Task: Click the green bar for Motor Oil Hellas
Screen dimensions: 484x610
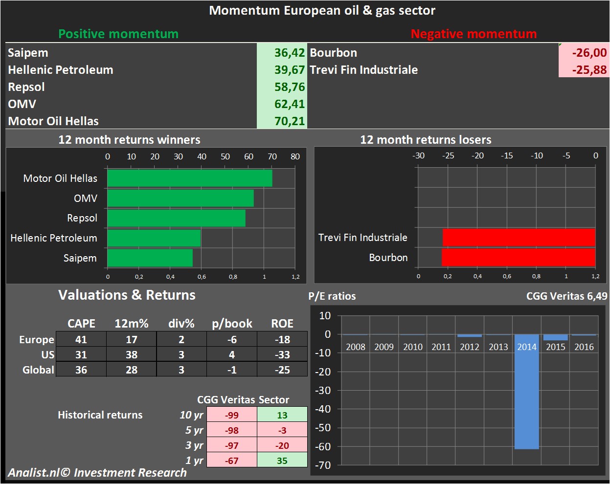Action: pos(190,178)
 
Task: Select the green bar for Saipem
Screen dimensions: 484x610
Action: pos(150,258)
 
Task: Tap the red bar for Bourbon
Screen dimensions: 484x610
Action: pos(519,258)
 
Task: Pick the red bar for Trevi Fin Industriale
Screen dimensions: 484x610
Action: pos(519,238)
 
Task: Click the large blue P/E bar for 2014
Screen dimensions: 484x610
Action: pos(526,391)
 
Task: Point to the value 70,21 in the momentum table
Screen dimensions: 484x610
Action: pos(289,121)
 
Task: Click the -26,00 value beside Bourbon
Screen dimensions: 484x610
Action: pos(589,53)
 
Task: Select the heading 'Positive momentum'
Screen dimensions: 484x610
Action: pos(118,34)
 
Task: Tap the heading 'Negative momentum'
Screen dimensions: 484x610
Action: pos(474,34)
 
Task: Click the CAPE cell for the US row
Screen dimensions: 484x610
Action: pos(81,354)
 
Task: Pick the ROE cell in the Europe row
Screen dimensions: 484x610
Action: pos(282,339)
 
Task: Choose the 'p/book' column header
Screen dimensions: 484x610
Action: pos(232,324)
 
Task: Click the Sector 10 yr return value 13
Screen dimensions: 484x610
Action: pos(282,415)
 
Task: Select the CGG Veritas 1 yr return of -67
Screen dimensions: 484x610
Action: pos(232,461)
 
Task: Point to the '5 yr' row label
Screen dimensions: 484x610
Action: pos(194,430)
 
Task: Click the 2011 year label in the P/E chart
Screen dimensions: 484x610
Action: pos(441,347)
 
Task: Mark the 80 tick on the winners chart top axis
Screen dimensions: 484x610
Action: pos(295,156)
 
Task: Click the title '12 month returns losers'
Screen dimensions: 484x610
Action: pos(426,140)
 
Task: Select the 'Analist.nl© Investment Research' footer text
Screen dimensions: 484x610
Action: pos(97,473)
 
